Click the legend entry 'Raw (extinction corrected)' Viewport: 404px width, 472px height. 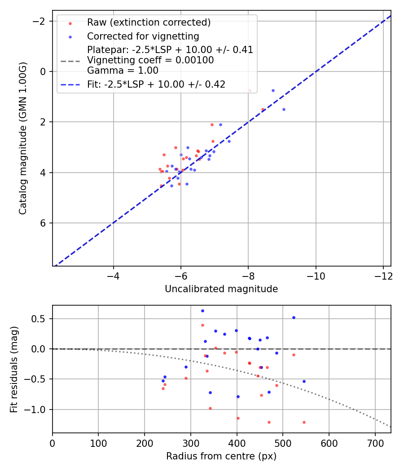click(149, 22)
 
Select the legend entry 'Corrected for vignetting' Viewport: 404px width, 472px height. click(143, 36)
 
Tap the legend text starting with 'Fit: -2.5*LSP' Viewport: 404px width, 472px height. click(156, 84)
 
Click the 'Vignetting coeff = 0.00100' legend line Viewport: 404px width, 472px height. click(150, 60)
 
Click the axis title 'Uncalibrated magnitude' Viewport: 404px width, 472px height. click(221, 289)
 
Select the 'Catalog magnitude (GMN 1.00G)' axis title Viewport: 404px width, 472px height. click(23, 138)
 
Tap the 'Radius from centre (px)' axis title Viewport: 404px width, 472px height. click(221, 456)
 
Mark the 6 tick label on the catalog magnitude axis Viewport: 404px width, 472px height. click(44, 223)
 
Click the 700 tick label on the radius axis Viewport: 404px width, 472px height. click(329, 443)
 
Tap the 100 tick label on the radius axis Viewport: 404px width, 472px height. click(98, 443)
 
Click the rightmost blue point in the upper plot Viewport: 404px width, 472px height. click(284, 109)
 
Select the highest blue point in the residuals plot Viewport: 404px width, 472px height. click(202, 311)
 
